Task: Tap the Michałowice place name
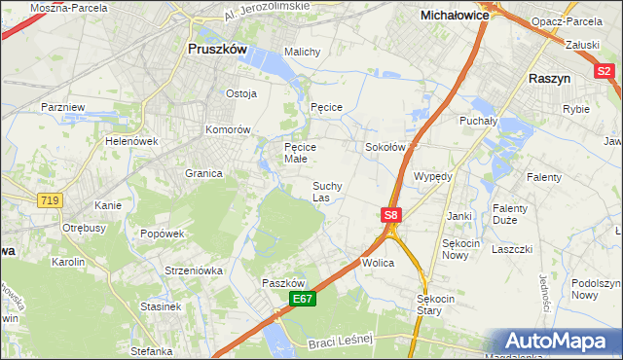click(x=454, y=16)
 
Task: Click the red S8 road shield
click(x=390, y=215)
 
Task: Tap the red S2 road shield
click(x=604, y=70)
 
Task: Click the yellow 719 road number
click(x=49, y=199)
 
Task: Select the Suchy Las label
click(x=326, y=191)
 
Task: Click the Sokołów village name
click(x=384, y=147)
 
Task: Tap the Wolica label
click(x=377, y=263)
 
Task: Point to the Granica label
click(x=203, y=173)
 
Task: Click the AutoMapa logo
click(x=558, y=342)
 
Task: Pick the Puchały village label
click(x=478, y=121)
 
